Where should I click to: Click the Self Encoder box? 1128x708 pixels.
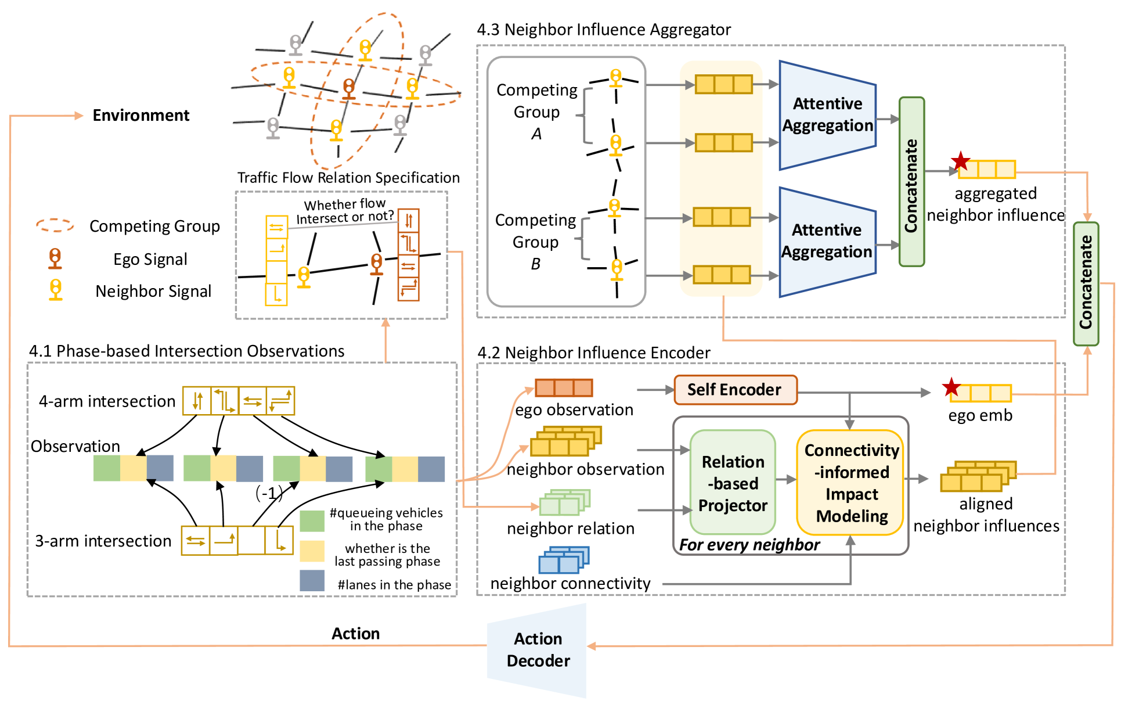tap(735, 390)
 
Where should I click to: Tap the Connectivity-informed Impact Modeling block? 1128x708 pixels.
tap(851, 483)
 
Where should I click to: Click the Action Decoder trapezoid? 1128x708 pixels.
tap(538, 650)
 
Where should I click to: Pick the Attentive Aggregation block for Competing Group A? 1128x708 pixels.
tap(827, 115)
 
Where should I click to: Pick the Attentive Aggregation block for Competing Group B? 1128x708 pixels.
tap(827, 241)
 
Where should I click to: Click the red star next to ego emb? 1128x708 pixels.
tap(951, 387)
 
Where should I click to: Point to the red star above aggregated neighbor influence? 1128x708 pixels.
tap(961, 161)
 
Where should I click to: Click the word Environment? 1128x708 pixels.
tap(141, 116)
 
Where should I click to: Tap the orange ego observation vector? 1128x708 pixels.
tap(564, 387)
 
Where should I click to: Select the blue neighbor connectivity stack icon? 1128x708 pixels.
tap(563, 560)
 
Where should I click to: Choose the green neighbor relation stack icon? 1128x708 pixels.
tap(564, 502)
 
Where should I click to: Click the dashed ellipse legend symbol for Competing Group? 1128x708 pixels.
tap(55, 225)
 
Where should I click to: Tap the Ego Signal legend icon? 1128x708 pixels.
tap(55, 258)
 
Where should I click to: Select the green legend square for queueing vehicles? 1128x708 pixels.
tap(312, 520)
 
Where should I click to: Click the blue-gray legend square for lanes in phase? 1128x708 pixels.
tap(312, 580)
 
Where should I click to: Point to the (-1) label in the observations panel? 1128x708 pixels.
tap(269, 493)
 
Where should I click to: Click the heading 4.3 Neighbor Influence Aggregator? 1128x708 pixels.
tap(603, 30)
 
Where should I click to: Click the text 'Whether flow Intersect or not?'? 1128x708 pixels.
tap(345, 211)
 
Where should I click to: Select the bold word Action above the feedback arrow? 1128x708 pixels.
tap(355, 634)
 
